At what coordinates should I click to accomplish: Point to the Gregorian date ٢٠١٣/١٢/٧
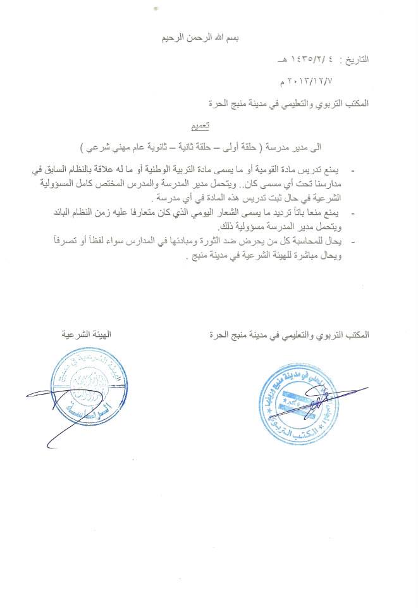coord(307,81)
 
